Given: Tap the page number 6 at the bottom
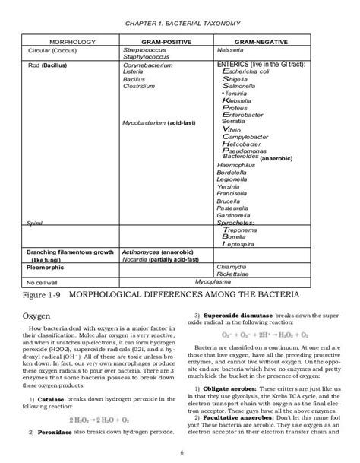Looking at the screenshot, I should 179,455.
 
